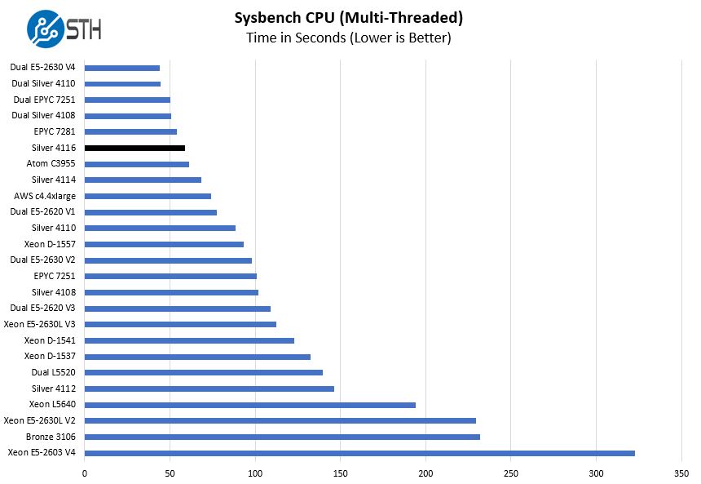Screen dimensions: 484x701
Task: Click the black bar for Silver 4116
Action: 134,148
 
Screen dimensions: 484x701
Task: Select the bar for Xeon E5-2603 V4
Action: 359,453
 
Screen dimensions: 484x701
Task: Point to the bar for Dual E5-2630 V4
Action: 122,68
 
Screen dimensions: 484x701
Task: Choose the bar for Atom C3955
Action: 137,164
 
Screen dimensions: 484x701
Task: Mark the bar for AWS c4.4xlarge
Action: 148,196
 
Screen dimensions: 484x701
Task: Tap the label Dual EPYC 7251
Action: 45,100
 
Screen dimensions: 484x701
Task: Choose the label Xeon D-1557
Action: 51,244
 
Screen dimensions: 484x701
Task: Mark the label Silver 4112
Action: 55,389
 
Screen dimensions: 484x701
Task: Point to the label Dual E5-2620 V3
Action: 44,308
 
